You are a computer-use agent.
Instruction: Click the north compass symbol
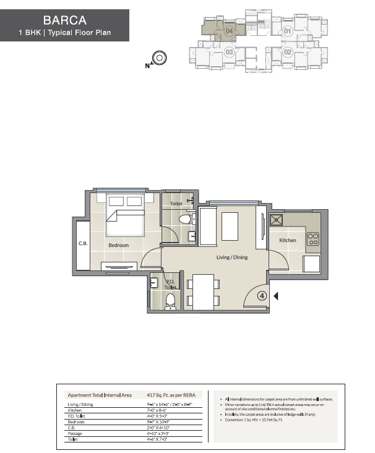tap(159, 59)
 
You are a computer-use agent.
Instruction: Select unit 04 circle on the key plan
tap(229, 30)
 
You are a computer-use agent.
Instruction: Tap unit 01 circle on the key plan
tap(287, 30)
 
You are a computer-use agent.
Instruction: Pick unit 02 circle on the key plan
tap(287, 53)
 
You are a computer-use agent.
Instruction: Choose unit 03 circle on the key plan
tap(229, 53)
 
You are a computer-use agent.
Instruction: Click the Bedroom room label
tap(118, 246)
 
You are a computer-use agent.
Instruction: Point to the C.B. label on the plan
tap(83, 243)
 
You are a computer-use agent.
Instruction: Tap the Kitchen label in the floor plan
tap(288, 240)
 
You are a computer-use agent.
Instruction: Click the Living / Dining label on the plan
tap(232, 257)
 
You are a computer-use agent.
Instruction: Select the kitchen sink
tap(274, 220)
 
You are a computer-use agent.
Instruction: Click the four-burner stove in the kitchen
tap(312, 239)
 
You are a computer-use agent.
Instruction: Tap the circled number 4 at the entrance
tap(262, 296)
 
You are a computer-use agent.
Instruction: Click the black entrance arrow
tap(276, 296)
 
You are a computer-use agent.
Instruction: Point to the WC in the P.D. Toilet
tap(170, 301)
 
